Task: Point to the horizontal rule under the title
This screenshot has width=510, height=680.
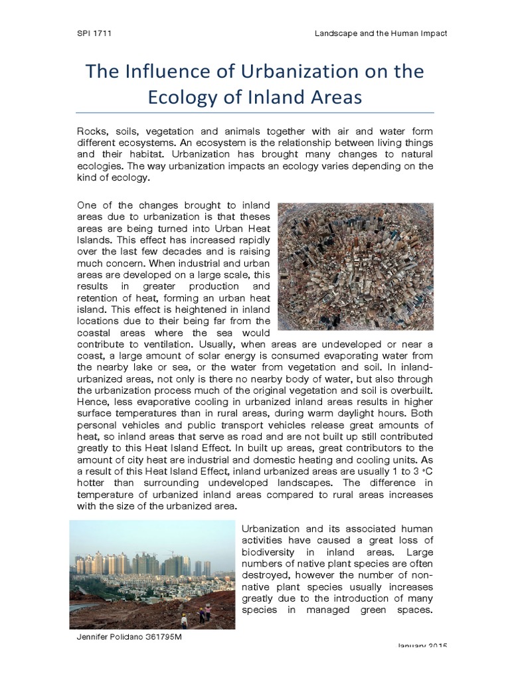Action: tap(256, 112)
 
